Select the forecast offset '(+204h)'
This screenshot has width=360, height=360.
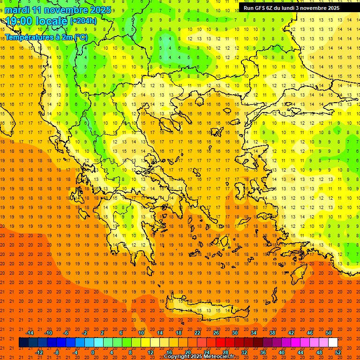click(x=83, y=21)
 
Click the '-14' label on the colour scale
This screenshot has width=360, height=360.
click(x=30, y=333)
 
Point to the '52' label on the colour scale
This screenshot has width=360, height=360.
click(x=338, y=352)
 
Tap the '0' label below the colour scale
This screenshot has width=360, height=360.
click(x=93, y=352)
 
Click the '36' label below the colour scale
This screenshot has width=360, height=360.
click(x=262, y=352)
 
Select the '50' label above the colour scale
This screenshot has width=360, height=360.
click(x=328, y=333)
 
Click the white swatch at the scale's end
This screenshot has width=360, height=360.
click(x=333, y=343)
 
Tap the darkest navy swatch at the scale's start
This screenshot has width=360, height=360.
click(x=23, y=343)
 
